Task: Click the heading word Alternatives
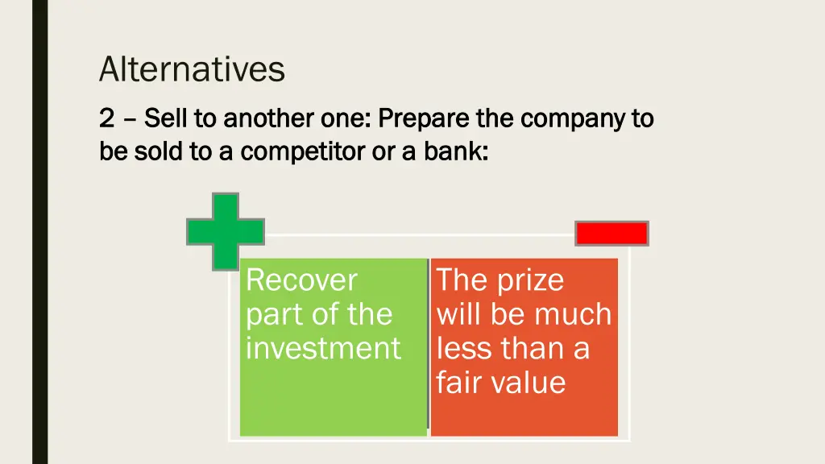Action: pyautogui.click(x=192, y=69)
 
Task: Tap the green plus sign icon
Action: pyautogui.click(x=226, y=232)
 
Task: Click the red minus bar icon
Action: pyautogui.click(x=611, y=234)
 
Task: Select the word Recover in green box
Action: pyautogui.click(x=301, y=280)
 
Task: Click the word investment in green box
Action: pyautogui.click(x=322, y=348)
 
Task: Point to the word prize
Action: pyautogui.click(x=530, y=280)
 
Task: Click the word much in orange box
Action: pyautogui.click(x=575, y=314)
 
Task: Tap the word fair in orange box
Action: pyautogui.click(x=458, y=382)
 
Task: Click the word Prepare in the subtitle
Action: pyautogui.click(x=424, y=118)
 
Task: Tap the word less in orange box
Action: pyautogui.click(x=464, y=348)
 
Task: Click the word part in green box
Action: pyautogui.click(x=270, y=314)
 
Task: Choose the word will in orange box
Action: pyautogui.click(x=461, y=314)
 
